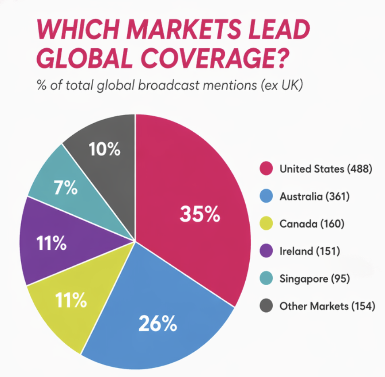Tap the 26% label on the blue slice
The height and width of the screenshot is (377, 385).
coord(157,324)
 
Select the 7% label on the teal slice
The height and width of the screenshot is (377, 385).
coord(66,188)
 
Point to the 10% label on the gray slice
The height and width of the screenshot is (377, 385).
coord(105,149)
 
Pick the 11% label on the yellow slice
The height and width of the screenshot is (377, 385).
coord(71,300)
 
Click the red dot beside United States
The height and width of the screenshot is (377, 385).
coord(265,169)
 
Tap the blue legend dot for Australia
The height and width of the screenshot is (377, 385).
coord(265,196)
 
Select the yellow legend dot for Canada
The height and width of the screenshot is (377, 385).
coord(265,224)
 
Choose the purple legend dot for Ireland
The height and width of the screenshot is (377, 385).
coord(265,251)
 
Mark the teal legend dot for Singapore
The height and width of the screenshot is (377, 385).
coord(265,279)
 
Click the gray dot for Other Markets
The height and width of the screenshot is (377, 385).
coord(265,306)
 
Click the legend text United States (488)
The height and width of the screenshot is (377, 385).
coord(325,169)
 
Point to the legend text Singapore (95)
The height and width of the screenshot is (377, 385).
coord(314,279)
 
